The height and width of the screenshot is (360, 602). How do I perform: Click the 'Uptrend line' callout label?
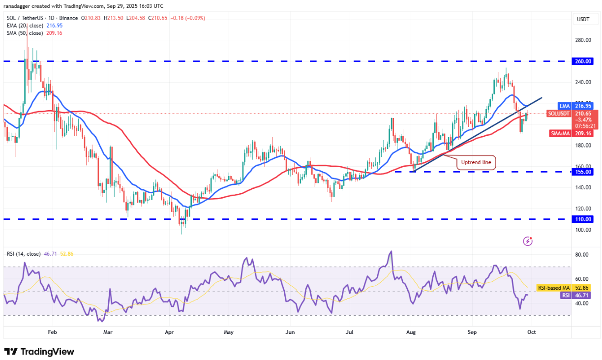(x=477, y=162)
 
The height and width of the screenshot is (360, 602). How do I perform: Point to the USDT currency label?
(x=583, y=20)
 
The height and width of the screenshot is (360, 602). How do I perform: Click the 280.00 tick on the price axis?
(x=583, y=40)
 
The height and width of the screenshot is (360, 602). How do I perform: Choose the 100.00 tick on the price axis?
(x=583, y=230)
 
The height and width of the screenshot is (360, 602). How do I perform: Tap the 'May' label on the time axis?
(x=228, y=332)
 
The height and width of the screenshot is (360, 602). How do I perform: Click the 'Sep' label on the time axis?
(x=472, y=332)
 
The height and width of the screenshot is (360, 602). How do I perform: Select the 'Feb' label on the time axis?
(x=53, y=332)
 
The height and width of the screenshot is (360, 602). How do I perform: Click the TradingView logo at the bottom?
(x=39, y=352)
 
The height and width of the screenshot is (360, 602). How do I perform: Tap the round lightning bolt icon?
(x=528, y=241)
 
